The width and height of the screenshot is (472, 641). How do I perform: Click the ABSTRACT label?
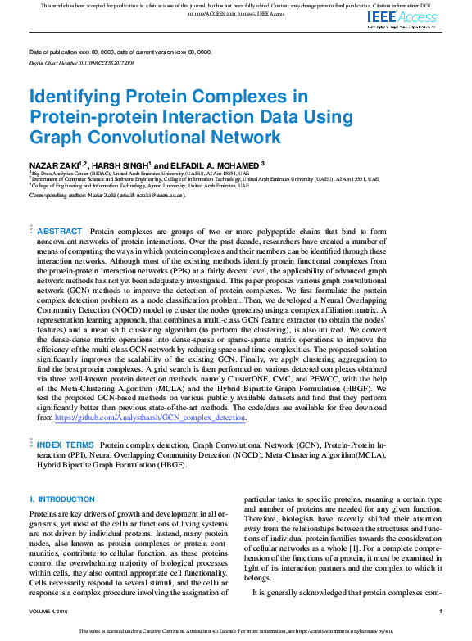point(60,232)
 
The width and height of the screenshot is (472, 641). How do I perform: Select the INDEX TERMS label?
point(65,444)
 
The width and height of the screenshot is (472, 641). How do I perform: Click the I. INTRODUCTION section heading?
point(62,499)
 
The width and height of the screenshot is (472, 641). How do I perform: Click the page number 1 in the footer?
point(440,611)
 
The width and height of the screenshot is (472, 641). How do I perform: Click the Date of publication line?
point(120,52)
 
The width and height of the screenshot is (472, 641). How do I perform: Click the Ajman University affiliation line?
point(139,186)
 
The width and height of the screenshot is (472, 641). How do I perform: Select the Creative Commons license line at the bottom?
point(236,631)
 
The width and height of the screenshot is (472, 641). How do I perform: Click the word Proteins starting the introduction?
point(45,513)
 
